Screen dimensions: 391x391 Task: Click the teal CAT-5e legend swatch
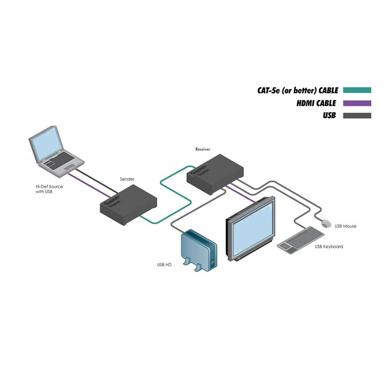357,90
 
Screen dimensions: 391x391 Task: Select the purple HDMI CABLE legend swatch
357,103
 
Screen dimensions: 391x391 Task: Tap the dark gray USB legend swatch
357,116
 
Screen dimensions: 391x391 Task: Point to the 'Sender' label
127,179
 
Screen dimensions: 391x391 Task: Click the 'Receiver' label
202,149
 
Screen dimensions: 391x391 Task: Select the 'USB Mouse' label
345,226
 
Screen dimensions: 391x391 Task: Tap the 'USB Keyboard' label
329,247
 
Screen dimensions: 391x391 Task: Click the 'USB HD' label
164,264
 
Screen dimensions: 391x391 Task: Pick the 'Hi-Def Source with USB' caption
49,189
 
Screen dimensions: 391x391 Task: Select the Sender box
128,201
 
